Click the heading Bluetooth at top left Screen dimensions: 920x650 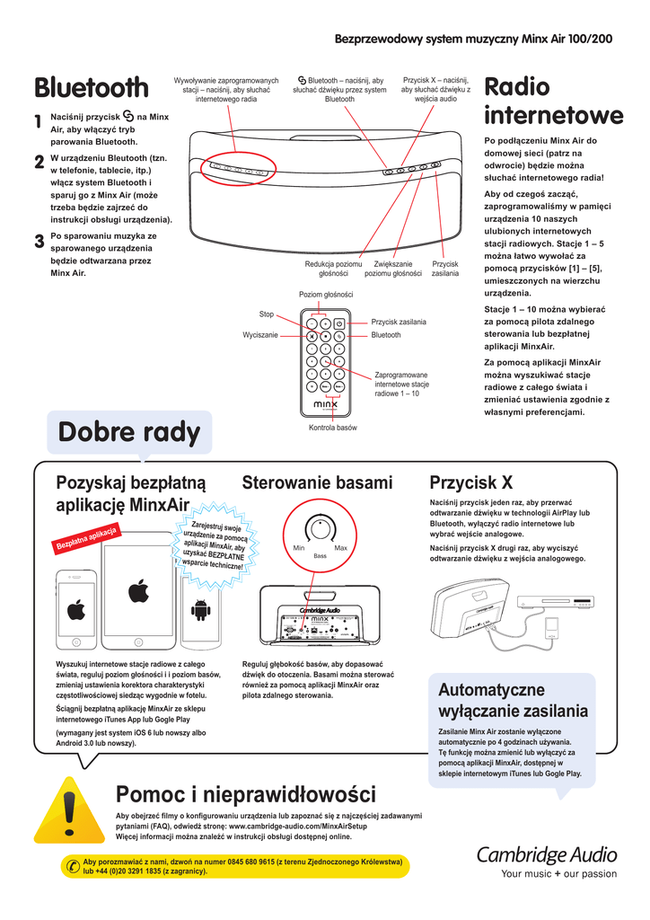[92, 88]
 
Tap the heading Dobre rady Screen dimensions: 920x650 [128, 433]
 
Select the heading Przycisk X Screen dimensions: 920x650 [470, 483]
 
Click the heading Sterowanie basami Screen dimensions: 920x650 [317, 483]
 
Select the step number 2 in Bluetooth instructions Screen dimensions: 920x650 [39, 162]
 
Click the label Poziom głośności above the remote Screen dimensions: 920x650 [326, 295]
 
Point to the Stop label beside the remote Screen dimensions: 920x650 [266, 314]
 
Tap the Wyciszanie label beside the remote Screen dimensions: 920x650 [260, 334]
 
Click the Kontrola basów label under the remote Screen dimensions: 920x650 [332, 428]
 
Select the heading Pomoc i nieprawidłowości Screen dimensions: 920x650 [245, 794]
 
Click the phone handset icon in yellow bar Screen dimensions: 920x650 [72, 865]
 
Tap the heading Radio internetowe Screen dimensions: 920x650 [553, 102]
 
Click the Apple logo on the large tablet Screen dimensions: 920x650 [137, 591]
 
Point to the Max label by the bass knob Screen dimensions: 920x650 [340, 548]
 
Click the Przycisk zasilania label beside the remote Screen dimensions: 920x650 [399, 322]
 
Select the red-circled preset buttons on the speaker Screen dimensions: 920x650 [238, 168]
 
